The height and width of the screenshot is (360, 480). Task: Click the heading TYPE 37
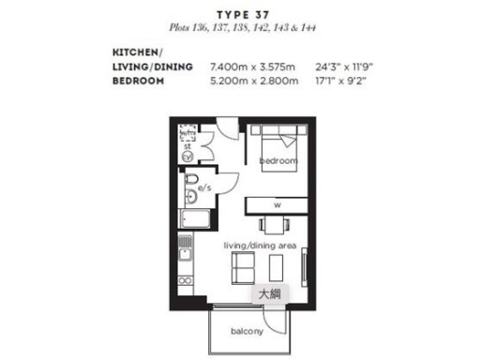tap(239, 14)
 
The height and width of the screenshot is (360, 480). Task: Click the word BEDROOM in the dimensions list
tap(139, 81)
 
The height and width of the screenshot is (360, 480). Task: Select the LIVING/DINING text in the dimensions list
tap(153, 67)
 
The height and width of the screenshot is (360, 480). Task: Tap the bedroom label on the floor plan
tap(278, 161)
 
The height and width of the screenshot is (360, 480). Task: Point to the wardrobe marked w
tap(277, 204)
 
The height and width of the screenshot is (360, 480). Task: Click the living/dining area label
tap(260, 246)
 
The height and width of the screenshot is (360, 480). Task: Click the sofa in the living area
tap(241, 266)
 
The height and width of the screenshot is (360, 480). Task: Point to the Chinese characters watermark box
tap(268, 293)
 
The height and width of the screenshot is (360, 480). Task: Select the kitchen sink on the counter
tap(185, 251)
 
